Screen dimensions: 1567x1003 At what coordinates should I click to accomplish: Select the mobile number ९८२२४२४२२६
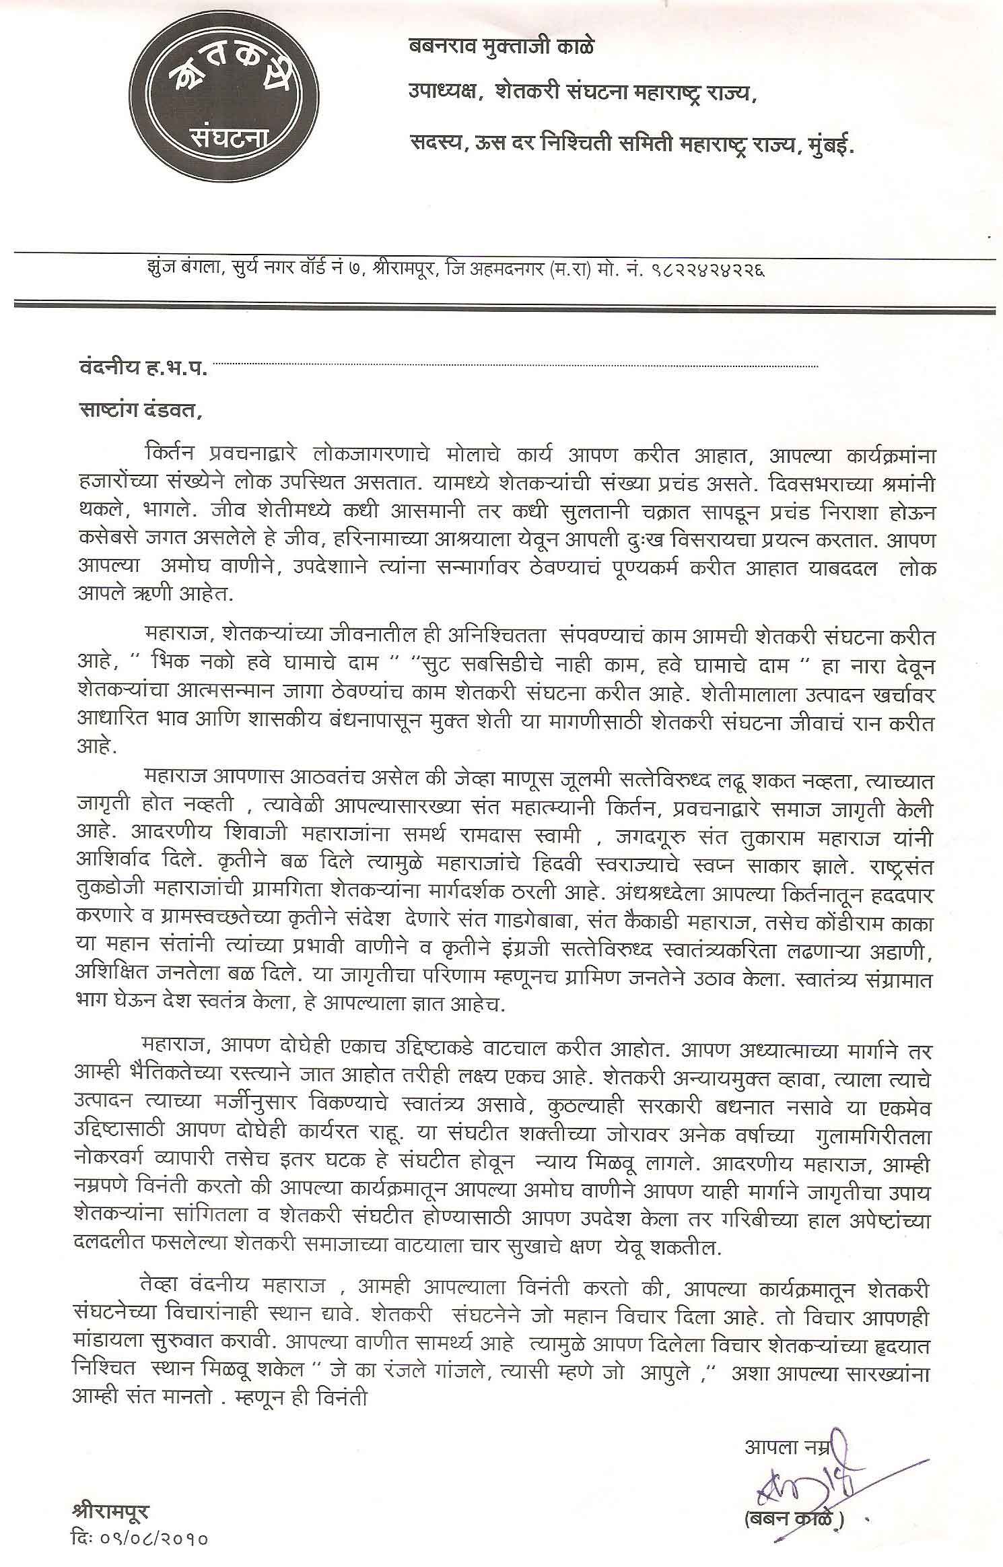tap(707, 272)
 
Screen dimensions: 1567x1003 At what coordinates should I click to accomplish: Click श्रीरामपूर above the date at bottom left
tap(110, 1490)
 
